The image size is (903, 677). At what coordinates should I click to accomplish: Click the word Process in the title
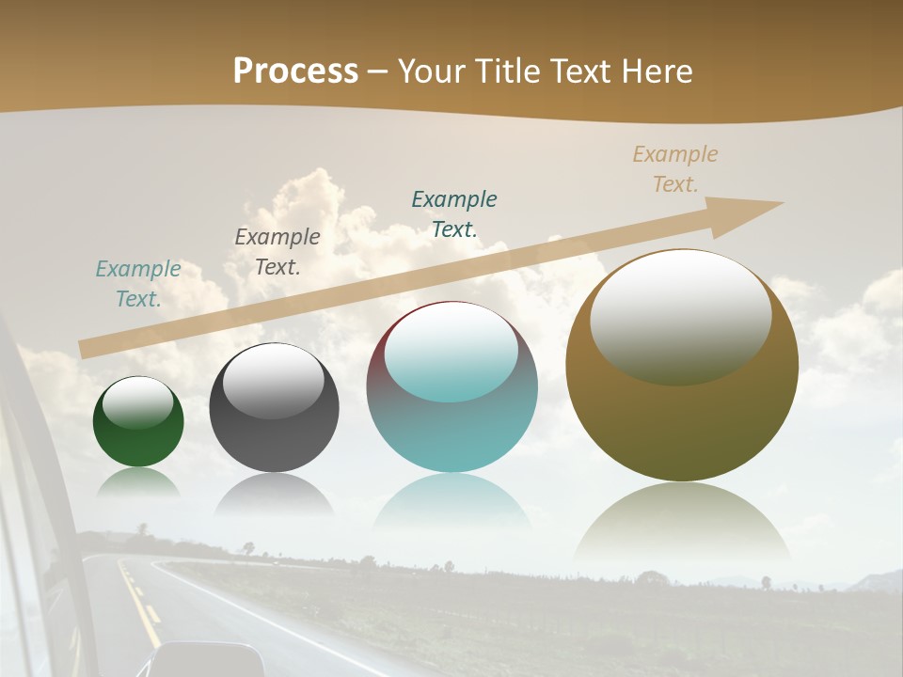click(x=295, y=71)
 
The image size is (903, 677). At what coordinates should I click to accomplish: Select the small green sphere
click(x=138, y=422)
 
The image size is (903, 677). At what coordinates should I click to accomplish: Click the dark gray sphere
click(x=274, y=407)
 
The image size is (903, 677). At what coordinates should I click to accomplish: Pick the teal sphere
click(x=451, y=387)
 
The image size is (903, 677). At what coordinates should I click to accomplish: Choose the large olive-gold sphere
click(x=682, y=366)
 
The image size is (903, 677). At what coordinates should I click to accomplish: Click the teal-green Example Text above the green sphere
click(x=138, y=284)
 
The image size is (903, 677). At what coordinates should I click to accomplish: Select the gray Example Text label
click(x=277, y=252)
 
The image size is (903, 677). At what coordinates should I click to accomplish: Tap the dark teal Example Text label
click(x=454, y=214)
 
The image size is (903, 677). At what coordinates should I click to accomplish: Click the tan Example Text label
click(x=675, y=169)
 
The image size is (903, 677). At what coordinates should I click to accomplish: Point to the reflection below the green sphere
click(x=138, y=482)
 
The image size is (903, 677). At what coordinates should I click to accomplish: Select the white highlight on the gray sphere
click(x=274, y=380)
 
